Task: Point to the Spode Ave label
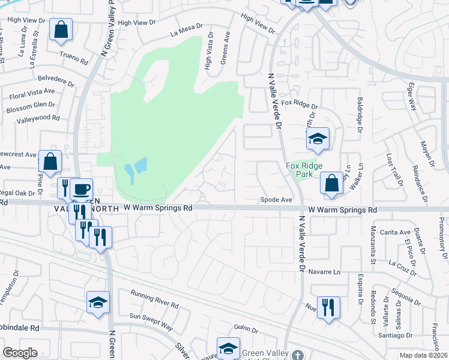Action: tap(276, 200)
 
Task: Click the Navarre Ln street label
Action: tap(324, 272)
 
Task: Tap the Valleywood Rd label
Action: tap(38, 118)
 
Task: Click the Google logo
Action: tap(20, 353)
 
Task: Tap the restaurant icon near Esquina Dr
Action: tap(328, 308)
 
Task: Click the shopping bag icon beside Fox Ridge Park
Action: tap(331, 184)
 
